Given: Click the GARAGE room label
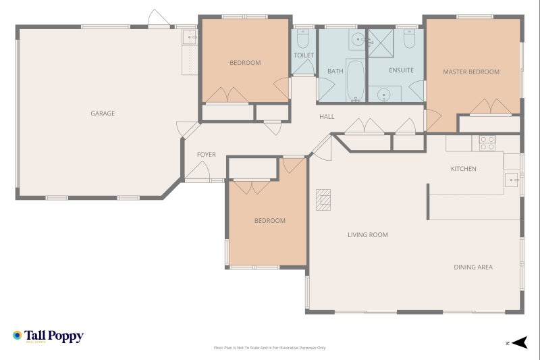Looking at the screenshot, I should point(103,113).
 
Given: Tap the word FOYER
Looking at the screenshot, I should point(206,155).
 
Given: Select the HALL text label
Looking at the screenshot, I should point(327,117).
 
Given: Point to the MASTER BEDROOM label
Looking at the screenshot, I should point(471,72).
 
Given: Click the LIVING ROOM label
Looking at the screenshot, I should point(367,235).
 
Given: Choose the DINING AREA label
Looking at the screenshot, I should point(473,267).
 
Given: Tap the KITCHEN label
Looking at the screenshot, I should point(464,169).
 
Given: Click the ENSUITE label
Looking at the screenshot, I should point(401,70).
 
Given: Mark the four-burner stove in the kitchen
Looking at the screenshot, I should point(487,143).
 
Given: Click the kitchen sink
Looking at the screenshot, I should point(512,179).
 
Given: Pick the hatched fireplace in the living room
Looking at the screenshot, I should point(324,200).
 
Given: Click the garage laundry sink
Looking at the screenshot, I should point(188,38).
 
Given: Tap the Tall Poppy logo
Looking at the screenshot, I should point(47,336).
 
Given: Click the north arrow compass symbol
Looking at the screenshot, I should point(518,342).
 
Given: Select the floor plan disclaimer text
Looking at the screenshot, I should point(270,348).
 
